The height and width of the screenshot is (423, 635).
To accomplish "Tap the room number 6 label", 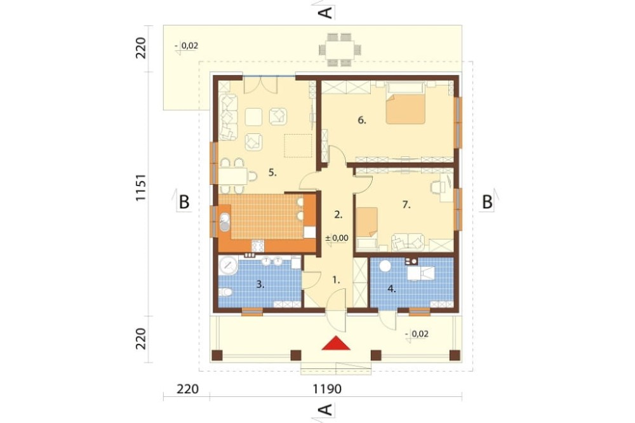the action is [362, 120].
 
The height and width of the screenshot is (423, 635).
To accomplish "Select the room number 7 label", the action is [406, 205].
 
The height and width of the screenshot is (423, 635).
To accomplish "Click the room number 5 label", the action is [272, 173].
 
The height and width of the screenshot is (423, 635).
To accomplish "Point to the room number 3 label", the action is [260, 285].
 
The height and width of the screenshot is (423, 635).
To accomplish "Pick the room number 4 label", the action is [391, 289].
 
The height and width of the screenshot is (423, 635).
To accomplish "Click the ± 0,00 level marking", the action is [337, 238].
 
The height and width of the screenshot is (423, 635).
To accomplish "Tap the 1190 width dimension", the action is [327, 389].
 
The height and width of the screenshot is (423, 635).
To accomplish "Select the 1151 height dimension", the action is [140, 187].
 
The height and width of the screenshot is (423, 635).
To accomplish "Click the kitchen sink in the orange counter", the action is [224, 222].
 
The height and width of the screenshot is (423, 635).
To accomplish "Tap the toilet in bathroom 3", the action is [225, 292].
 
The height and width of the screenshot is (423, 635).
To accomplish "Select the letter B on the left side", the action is [184, 201].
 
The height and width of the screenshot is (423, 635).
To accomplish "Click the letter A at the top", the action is [326, 12].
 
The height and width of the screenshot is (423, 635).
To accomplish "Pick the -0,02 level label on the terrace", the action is [187, 46].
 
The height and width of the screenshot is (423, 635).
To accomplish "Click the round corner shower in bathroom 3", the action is [229, 265].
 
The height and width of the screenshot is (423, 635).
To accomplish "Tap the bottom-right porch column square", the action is [455, 355].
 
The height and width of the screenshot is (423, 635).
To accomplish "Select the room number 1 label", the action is [336, 279].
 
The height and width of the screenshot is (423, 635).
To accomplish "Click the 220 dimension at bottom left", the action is [188, 389].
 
